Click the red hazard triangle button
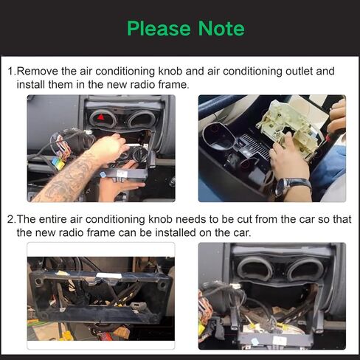(x=101, y=117)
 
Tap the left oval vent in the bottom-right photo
(x=254, y=269)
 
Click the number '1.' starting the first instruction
(x=11, y=72)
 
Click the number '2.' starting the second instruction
(x=11, y=220)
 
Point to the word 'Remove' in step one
(x=37, y=72)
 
